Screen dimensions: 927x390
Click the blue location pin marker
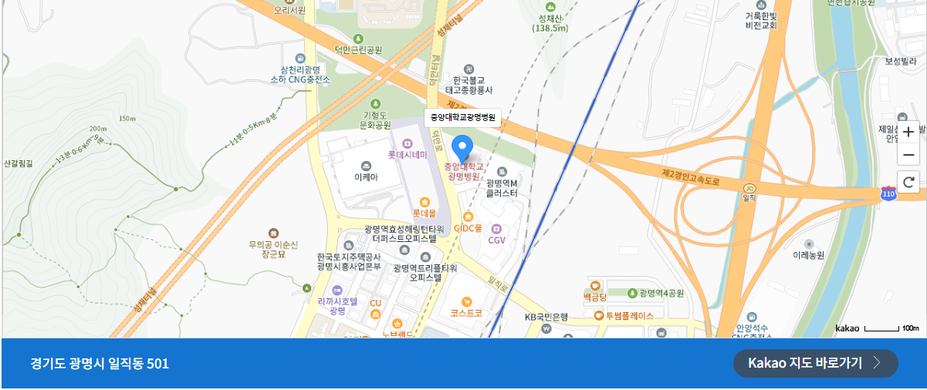click(x=462, y=146)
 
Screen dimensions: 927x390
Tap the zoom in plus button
click(x=908, y=132)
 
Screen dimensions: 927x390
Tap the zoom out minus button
click(x=908, y=155)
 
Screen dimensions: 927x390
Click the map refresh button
click(x=908, y=183)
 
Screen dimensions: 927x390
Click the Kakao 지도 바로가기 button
click(x=815, y=363)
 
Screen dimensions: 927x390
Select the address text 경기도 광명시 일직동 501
click(x=100, y=364)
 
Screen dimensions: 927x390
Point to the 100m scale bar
click(x=881, y=329)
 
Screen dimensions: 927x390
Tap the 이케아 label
click(x=366, y=177)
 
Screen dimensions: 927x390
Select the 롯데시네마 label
click(x=408, y=154)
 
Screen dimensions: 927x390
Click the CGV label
click(x=496, y=240)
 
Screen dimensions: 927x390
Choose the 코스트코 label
click(x=466, y=313)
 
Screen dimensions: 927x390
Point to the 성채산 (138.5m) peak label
click(x=550, y=22)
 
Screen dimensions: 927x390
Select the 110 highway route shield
click(x=888, y=195)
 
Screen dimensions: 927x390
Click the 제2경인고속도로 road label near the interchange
click(x=691, y=177)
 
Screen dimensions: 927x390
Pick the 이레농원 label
click(x=809, y=254)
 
